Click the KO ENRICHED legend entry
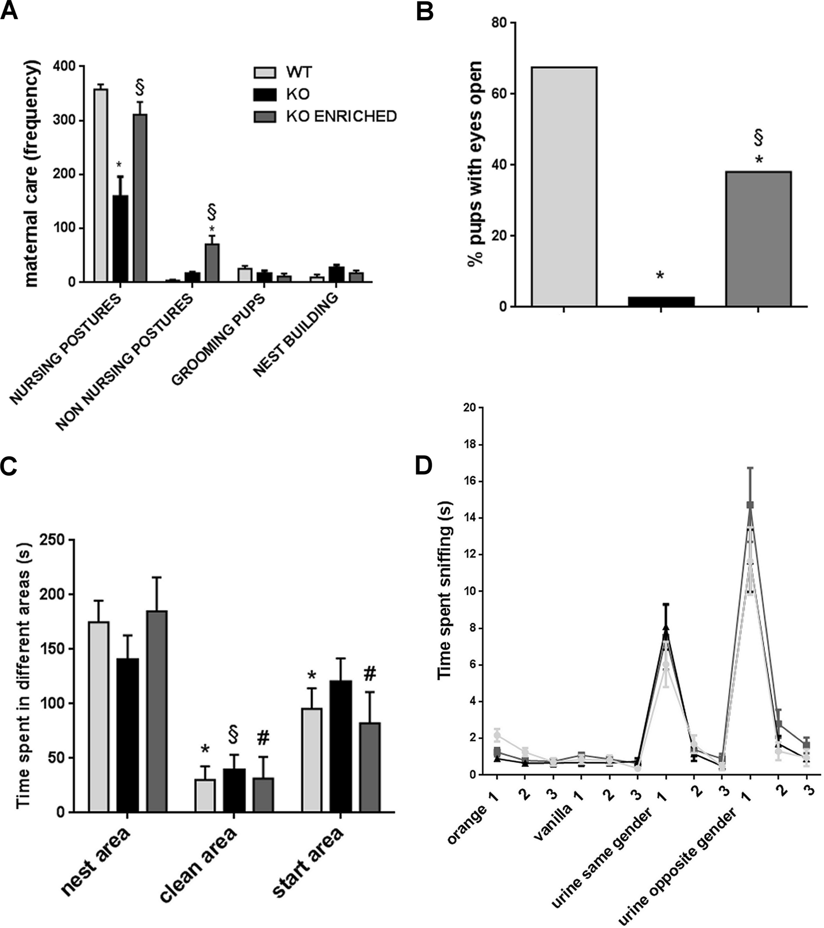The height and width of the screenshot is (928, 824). pyautogui.click(x=341, y=116)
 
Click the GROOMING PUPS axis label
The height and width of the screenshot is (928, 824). pyautogui.click(x=218, y=341)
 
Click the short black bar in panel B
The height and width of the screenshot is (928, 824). pyautogui.click(x=661, y=301)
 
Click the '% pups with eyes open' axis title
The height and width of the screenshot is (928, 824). pyautogui.click(x=474, y=165)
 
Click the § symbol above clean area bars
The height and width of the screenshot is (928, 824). pyautogui.click(x=234, y=735)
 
